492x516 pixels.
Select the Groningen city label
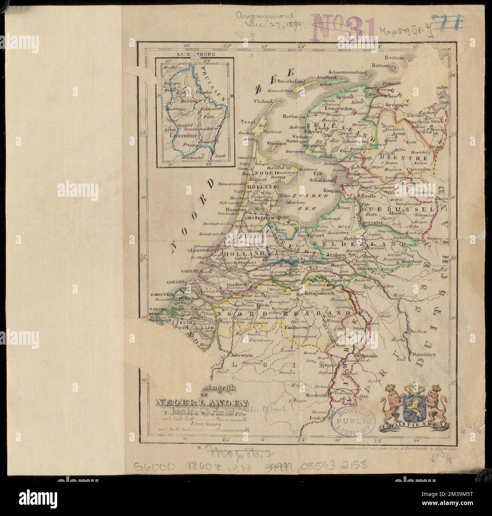[396, 104]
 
